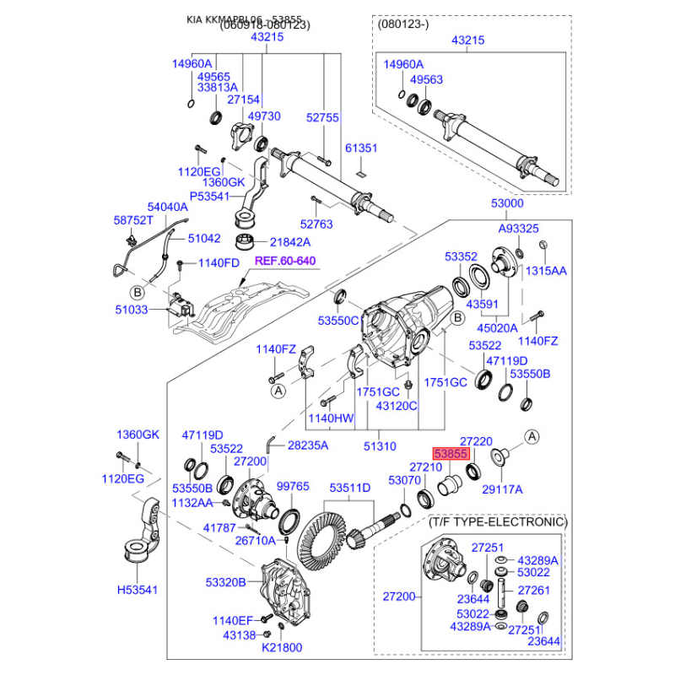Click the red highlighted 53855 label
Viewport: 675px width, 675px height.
pyautogui.click(x=451, y=453)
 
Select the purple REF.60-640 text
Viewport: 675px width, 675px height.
pyautogui.click(x=285, y=261)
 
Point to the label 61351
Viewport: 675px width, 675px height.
pyautogui.click(x=361, y=148)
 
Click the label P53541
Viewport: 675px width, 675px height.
pyautogui.click(x=208, y=197)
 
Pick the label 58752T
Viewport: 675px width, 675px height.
pyautogui.click(x=133, y=220)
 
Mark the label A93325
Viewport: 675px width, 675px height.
pyautogui.click(x=518, y=229)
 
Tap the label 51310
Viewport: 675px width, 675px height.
pyautogui.click(x=379, y=445)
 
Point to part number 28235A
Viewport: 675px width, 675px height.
pyautogui.click(x=308, y=445)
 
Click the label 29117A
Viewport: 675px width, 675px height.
pyautogui.click(x=502, y=489)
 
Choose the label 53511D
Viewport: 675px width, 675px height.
pyautogui.click(x=349, y=489)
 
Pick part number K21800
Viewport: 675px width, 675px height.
pyautogui.click(x=281, y=647)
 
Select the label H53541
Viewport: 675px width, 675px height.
pyautogui.click(x=138, y=591)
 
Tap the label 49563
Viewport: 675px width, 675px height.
pyautogui.click(x=426, y=80)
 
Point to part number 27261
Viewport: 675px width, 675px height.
pyautogui.click(x=533, y=591)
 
